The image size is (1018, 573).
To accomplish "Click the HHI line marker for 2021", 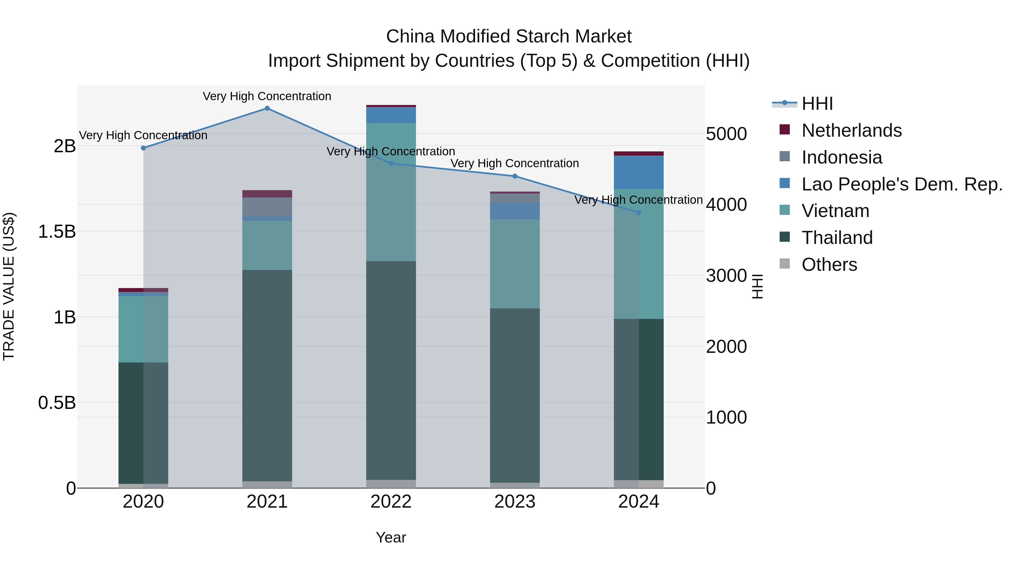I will tap(267, 108).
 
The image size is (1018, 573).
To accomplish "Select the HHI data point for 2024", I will tap(639, 213).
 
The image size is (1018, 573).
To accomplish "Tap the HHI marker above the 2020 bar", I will tap(143, 148).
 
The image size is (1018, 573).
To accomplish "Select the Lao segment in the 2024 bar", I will tap(639, 172).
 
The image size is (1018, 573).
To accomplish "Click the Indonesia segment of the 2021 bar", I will tap(267, 207).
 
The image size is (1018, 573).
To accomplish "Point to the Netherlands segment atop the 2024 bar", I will tap(639, 153).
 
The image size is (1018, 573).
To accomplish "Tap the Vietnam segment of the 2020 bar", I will tap(143, 329).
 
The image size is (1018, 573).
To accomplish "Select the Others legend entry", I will tap(829, 265).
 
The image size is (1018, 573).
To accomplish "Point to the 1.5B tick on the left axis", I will tap(57, 232).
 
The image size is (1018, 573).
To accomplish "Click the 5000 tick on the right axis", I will tap(726, 134).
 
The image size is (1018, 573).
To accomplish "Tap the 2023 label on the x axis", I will tap(515, 502).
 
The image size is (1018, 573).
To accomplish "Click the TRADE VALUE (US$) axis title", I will tap(9, 286).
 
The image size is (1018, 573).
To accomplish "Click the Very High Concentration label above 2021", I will tap(267, 96).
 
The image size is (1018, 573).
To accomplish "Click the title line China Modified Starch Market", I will tap(509, 37).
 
